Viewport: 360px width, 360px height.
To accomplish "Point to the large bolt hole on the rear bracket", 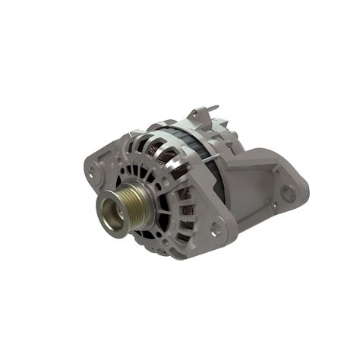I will click(x=287, y=192).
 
